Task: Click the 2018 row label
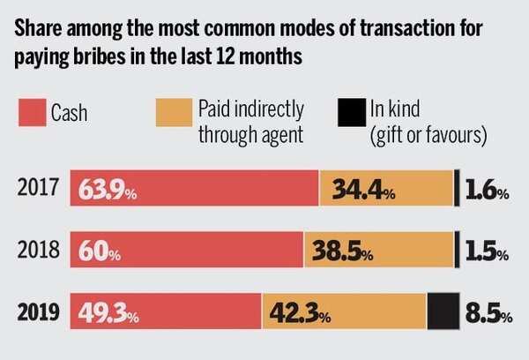[36, 251]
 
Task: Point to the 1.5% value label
[485, 252]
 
